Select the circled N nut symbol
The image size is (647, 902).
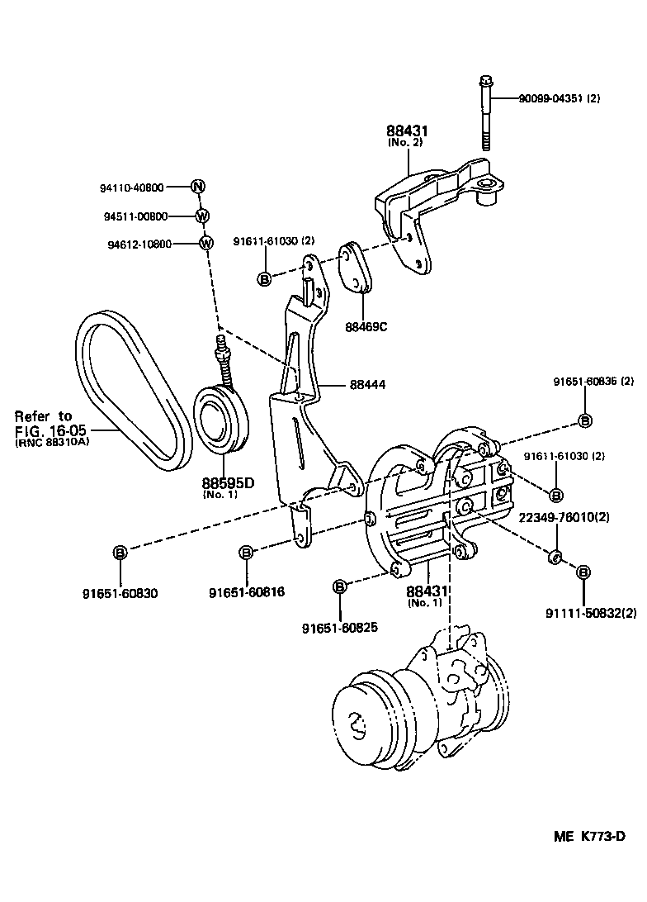tap(198, 187)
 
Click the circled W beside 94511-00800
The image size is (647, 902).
tap(202, 216)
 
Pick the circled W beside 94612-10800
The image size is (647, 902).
tap(206, 243)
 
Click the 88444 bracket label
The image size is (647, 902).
tap(368, 384)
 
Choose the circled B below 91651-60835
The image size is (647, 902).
tap(584, 421)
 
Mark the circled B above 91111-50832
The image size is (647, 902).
tap(583, 572)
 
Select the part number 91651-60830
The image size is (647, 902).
tap(120, 593)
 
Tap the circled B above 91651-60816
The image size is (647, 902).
tap(246, 553)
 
